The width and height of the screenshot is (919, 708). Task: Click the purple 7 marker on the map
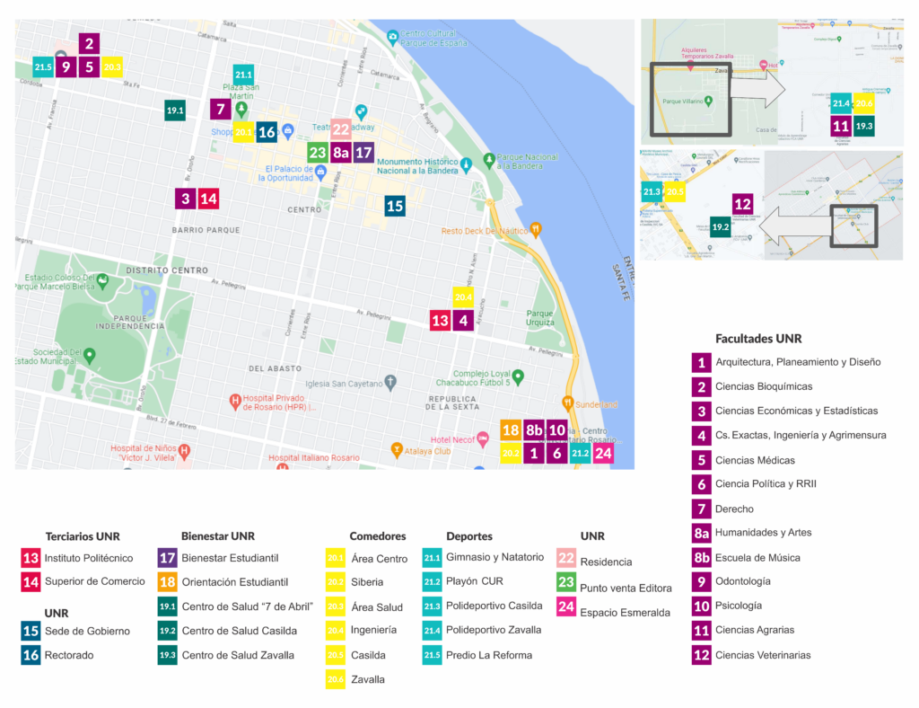220,110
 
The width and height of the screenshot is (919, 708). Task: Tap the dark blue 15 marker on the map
394,206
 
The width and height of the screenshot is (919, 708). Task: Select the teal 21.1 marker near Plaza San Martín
243,75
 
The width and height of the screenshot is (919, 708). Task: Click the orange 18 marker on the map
511,430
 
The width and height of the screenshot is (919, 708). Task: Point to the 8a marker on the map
341,152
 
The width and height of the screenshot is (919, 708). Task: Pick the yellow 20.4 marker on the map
463,297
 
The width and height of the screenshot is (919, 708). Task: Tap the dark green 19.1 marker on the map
175,111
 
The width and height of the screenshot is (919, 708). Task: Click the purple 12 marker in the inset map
742,204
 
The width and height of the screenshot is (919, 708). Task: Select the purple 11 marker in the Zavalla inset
841,126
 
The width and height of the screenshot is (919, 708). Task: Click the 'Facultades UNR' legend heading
758,339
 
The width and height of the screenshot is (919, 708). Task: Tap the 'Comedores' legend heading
378,536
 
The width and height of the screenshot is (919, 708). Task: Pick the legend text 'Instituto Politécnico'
89,558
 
